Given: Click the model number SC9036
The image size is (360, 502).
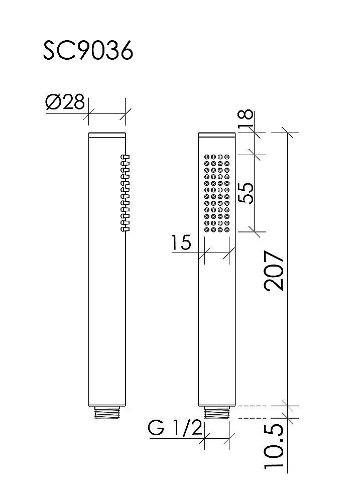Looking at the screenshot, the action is click(88, 51).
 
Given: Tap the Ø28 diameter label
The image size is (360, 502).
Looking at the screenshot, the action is click(65, 102).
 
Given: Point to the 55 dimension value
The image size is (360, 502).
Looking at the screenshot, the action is click(247, 193).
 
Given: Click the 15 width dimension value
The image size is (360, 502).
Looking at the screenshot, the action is click(181, 242).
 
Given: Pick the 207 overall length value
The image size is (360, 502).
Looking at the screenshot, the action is click(274, 271).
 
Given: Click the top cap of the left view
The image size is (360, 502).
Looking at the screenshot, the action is click(107, 135).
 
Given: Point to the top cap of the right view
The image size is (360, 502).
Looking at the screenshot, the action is click(217, 135).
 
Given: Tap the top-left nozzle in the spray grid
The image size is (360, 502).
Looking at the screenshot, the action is click(206, 157).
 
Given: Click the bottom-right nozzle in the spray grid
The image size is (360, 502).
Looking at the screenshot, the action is click(227, 229).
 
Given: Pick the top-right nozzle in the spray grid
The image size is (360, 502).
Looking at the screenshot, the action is click(227, 157).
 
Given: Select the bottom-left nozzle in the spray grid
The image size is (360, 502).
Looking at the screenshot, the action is click(206, 229).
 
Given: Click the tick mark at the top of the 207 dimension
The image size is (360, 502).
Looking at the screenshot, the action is click(287, 133).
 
